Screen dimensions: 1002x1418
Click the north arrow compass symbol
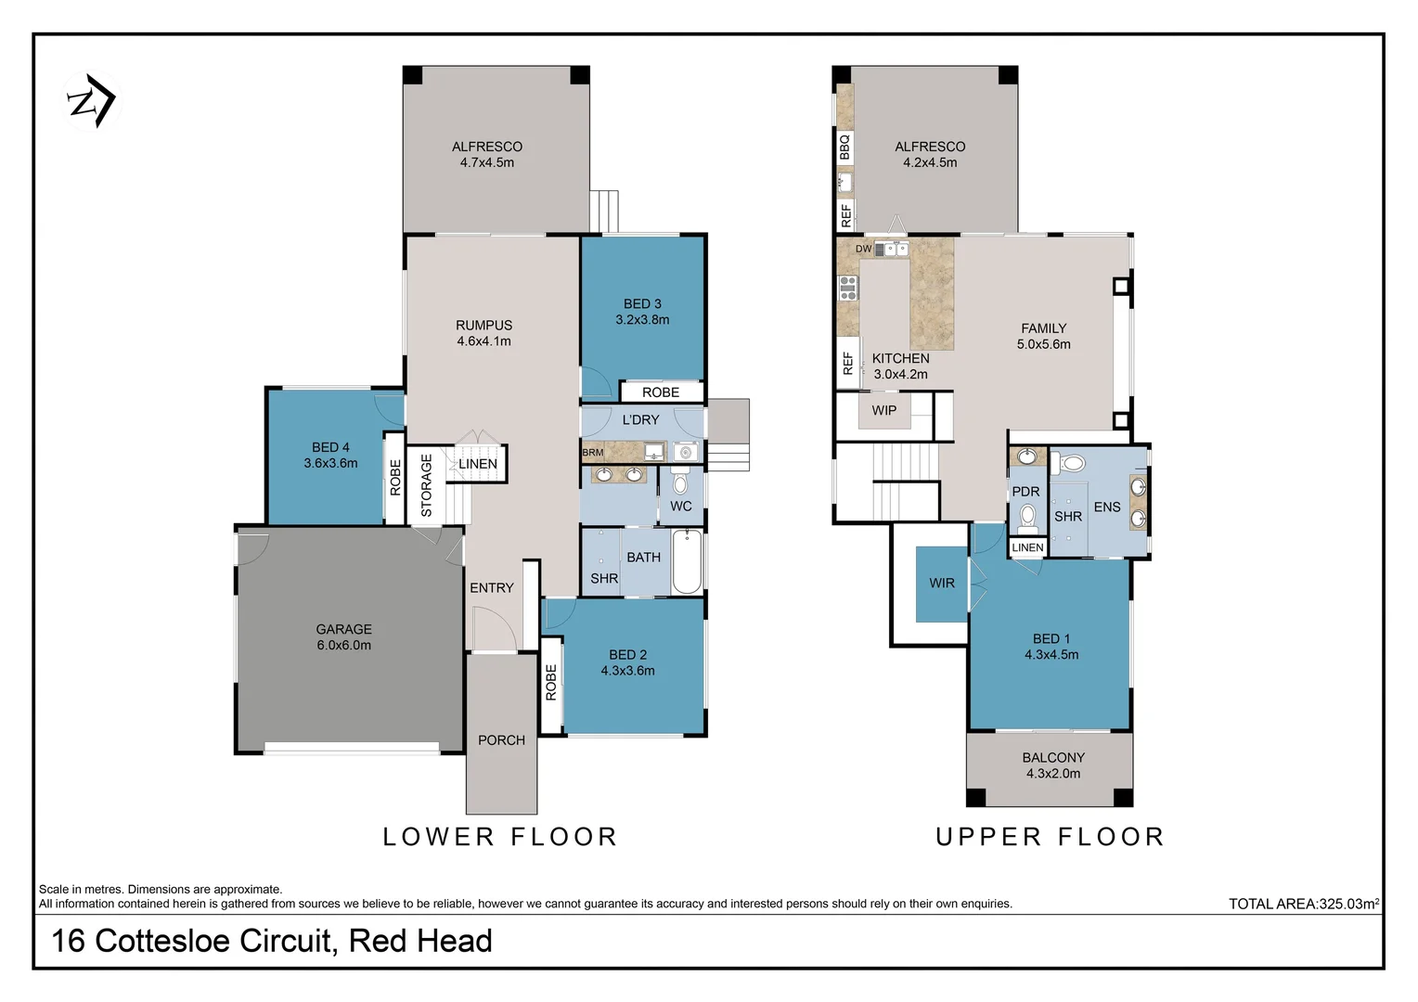[90, 101]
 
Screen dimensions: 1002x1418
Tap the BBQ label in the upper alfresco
[844, 147]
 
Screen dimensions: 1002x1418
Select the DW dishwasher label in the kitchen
[863, 249]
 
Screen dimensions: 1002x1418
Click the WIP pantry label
[883, 410]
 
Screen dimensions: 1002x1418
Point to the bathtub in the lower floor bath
[687, 561]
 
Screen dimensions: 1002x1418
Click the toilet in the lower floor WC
[680, 482]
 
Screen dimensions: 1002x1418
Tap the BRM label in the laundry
[592, 453]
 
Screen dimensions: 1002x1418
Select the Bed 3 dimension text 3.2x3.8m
[642, 320]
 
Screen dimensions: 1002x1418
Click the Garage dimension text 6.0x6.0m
[343, 646]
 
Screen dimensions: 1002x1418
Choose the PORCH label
[501, 740]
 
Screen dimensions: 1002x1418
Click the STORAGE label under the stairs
[427, 484]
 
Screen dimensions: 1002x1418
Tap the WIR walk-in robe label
[942, 584]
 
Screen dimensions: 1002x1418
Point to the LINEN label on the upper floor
[1027, 548]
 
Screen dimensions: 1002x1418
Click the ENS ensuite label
[1107, 507]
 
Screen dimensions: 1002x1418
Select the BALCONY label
[1053, 758]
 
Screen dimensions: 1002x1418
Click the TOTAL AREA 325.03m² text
[1303, 904]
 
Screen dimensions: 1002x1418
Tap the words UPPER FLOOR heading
[1050, 837]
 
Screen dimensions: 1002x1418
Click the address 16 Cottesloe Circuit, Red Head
[272, 941]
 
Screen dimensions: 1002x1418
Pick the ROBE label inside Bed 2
[551, 682]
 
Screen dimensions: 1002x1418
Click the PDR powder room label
[1025, 492]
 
